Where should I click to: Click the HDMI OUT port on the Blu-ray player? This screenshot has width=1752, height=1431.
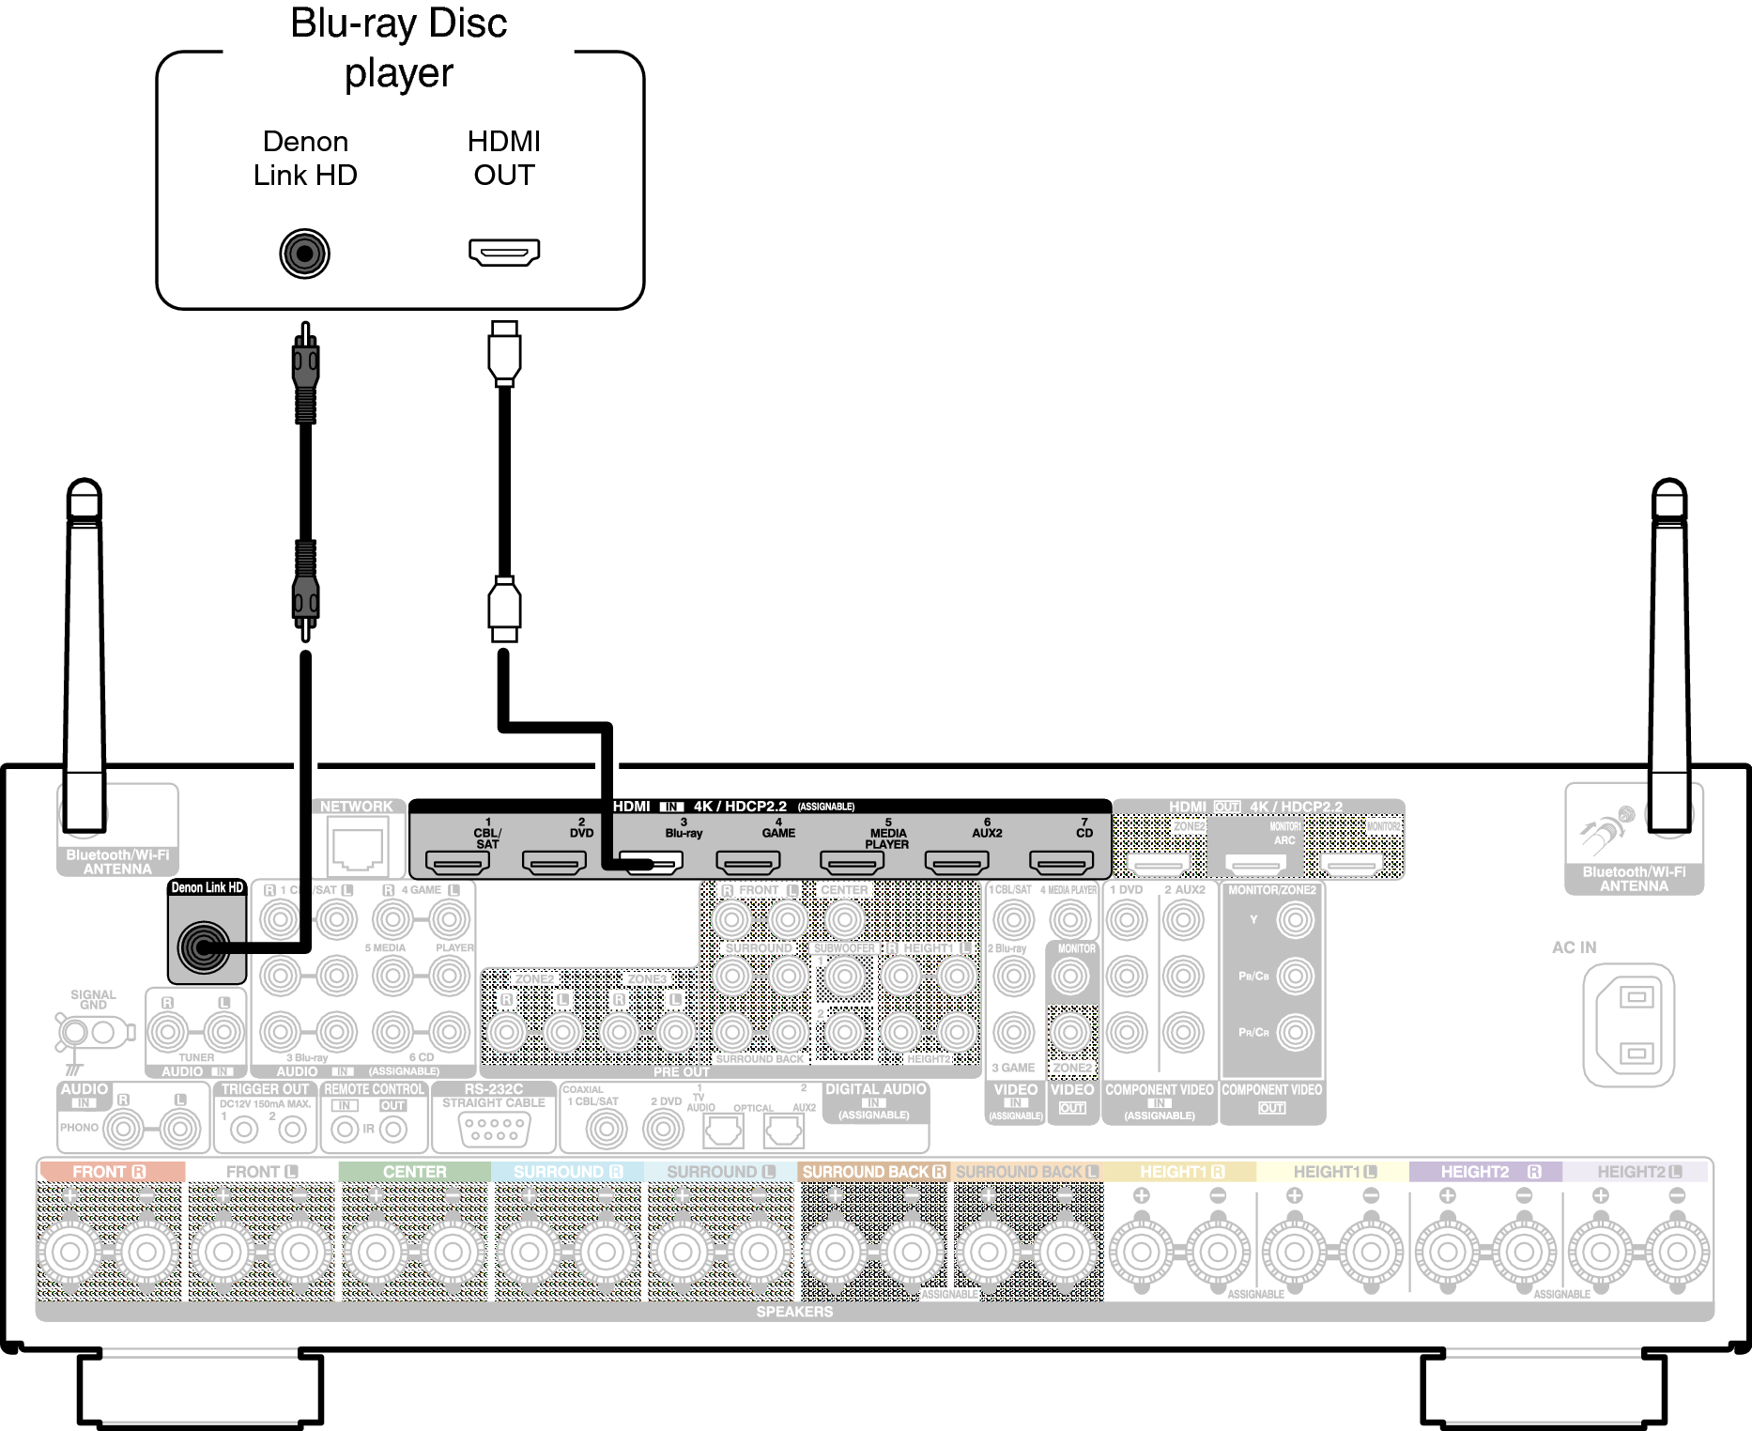click(x=504, y=252)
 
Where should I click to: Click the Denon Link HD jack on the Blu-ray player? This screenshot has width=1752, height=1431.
click(x=304, y=253)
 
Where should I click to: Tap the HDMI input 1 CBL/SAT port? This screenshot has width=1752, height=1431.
click(x=456, y=862)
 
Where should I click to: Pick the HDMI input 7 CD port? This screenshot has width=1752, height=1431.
click(x=1061, y=862)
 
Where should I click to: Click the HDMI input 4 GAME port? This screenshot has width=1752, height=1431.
click(x=747, y=862)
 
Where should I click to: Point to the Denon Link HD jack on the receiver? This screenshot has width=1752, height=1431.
click(x=205, y=946)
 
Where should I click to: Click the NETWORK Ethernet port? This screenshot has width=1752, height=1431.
click(x=358, y=844)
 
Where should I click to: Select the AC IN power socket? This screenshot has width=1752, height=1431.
click(x=1628, y=1024)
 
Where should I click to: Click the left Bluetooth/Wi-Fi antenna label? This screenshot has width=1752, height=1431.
click(x=117, y=862)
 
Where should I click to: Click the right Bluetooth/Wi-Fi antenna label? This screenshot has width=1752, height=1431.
click(x=1634, y=879)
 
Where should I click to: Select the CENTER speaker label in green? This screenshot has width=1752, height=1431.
click(x=414, y=1172)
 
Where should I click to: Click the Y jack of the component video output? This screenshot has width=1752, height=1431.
click(x=1295, y=920)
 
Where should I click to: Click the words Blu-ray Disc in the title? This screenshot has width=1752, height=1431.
click(x=398, y=23)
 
